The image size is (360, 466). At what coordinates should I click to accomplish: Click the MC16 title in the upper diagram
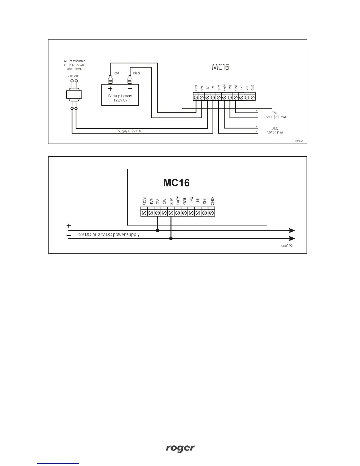220,67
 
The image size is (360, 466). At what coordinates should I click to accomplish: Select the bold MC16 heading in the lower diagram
176,183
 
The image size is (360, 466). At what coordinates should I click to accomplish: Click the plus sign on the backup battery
110,89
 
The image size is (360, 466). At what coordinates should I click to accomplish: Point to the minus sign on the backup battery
130,89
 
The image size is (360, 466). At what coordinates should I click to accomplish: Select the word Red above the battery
116,73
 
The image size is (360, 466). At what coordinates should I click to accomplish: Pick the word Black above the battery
137,73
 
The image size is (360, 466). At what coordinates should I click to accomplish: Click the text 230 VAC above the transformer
73,76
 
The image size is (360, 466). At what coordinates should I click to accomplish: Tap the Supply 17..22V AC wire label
130,131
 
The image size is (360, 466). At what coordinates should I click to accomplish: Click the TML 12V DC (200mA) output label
275,115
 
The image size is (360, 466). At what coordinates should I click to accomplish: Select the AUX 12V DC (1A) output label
275,131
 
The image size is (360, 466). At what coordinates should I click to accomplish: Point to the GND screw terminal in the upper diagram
253,97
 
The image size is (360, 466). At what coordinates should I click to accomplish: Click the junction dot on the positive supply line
158,231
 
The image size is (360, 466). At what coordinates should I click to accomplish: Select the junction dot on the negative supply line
171,239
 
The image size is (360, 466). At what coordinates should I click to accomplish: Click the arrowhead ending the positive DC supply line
292,231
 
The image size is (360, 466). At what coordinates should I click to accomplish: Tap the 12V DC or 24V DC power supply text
108,234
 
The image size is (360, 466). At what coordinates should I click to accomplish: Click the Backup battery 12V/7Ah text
120,98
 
